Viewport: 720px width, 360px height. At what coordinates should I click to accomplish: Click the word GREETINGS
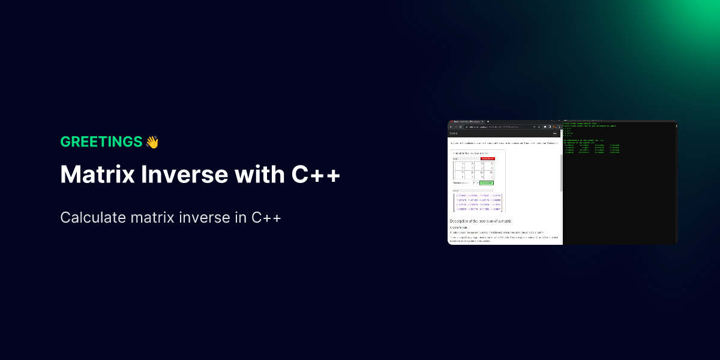[101, 142]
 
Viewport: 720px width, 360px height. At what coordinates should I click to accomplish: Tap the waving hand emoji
[152, 142]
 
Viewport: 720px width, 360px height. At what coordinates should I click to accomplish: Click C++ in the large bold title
[316, 175]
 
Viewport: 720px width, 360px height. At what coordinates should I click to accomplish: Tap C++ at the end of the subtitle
[266, 217]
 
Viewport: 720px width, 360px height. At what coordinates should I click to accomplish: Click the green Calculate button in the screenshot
[486, 182]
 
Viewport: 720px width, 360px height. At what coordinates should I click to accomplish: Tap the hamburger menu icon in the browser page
[555, 133]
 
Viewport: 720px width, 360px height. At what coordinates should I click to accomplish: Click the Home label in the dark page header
[454, 133]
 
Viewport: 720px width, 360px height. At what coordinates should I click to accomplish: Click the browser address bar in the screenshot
[498, 127]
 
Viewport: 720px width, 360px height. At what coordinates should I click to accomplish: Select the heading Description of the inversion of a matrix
[480, 221]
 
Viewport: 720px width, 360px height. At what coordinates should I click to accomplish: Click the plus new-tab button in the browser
[488, 122]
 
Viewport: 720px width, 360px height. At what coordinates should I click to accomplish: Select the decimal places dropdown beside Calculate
[475, 182]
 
